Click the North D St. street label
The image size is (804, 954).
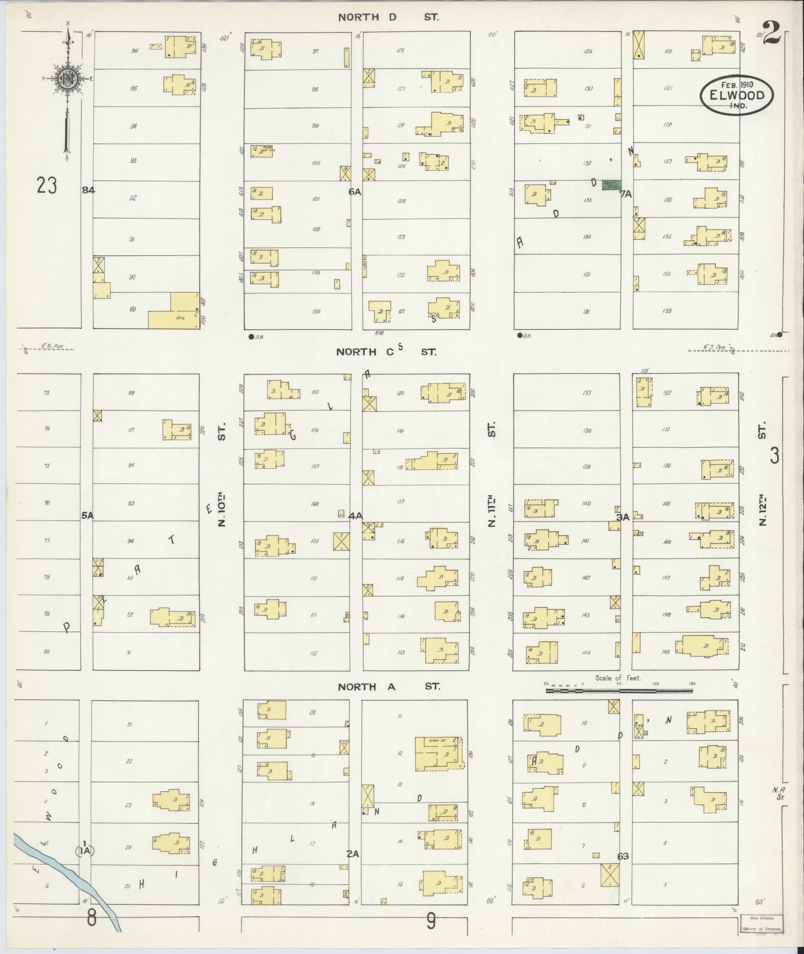[388, 17]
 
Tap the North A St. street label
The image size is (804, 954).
[389, 687]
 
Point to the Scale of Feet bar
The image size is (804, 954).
[618, 691]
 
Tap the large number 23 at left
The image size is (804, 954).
[46, 186]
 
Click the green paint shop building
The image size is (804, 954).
[611, 185]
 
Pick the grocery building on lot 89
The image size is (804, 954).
[174, 313]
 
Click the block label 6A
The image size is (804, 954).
[354, 191]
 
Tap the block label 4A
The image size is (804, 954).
[355, 516]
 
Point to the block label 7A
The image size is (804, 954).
[626, 194]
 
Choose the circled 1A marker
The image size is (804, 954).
[85, 850]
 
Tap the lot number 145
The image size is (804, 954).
[667, 653]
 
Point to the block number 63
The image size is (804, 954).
[623, 856]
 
